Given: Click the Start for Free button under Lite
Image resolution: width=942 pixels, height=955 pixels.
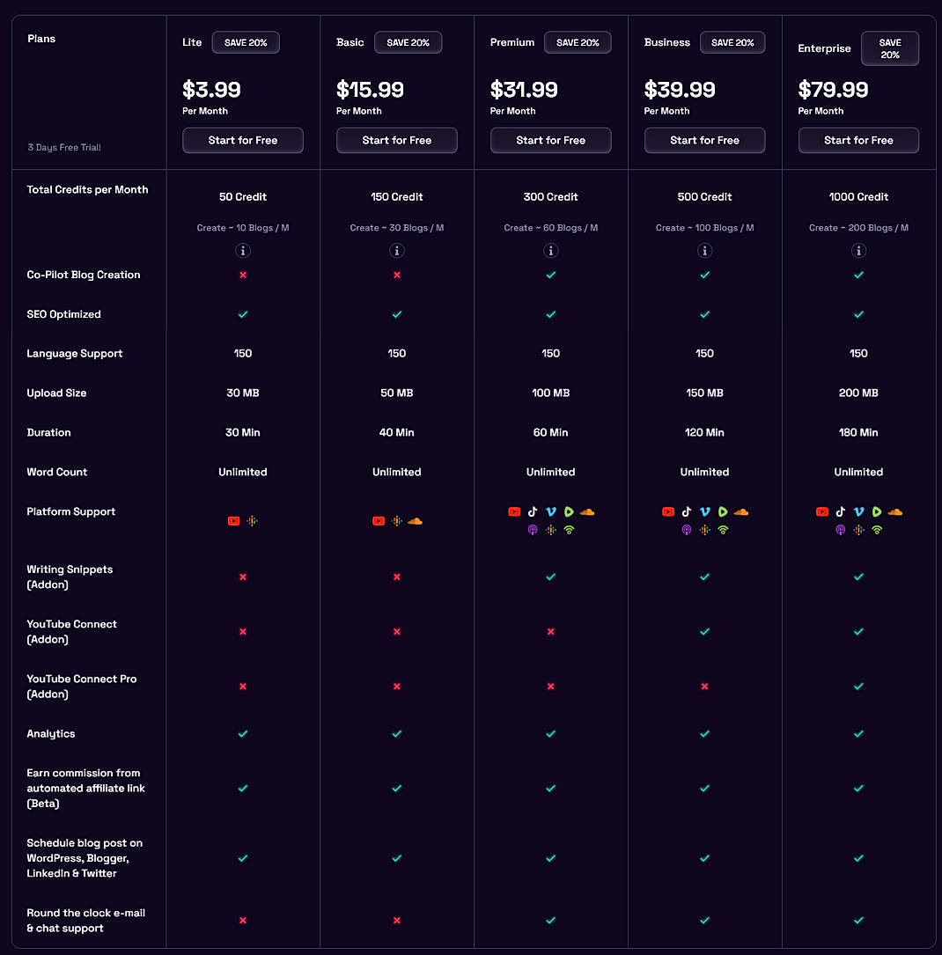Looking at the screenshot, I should click(243, 140).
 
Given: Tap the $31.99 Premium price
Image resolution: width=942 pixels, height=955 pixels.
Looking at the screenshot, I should click(524, 90).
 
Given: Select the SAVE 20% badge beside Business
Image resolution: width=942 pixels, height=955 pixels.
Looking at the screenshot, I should click(732, 42).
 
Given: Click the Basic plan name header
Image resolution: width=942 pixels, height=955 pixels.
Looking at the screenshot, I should click(350, 42).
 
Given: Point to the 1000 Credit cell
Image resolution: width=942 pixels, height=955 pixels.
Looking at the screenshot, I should click(858, 197).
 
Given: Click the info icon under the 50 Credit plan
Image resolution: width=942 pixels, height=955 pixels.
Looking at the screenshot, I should click(243, 251).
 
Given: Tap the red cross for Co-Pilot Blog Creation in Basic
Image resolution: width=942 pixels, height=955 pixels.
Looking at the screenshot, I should click(397, 275).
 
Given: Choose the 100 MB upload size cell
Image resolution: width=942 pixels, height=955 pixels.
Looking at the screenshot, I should click(550, 393).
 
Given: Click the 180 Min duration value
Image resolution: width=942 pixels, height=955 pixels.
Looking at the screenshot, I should click(858, 433).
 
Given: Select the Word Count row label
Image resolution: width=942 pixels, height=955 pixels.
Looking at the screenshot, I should click(57, 473).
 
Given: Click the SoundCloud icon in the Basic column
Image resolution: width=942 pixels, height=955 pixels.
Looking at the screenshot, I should click(415, 521).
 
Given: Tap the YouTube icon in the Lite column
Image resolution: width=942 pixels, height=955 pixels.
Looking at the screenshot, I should click(233, 521).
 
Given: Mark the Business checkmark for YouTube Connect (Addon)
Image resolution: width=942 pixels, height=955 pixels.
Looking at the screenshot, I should click(704, 632).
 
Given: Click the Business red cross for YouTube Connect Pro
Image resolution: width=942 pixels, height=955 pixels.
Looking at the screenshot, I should click(704, 687).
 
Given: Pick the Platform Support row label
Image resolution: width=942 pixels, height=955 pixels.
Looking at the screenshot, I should click(71, 512).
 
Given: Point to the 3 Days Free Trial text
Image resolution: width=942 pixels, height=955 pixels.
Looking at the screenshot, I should click(64, 148).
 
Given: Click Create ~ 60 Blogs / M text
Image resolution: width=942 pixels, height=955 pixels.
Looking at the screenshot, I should click(550, 228).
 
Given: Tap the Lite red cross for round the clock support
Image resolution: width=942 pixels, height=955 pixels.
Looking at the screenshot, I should click(243, 921).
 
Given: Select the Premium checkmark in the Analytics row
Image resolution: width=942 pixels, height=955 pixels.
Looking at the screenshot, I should click(550, 734).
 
